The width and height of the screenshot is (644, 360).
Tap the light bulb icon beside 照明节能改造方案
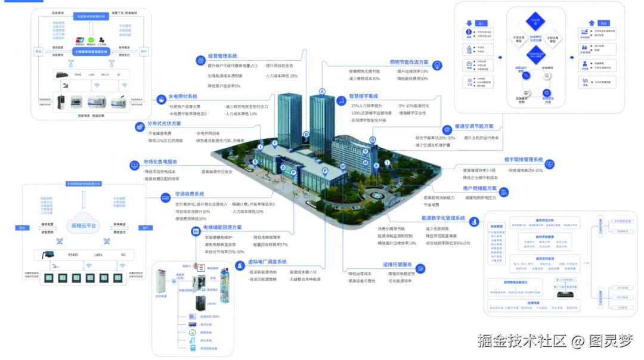tap(439, 64)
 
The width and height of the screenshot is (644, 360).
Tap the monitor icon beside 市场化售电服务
tap(134, 165)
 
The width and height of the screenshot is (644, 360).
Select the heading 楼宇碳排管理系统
tap(523, 160)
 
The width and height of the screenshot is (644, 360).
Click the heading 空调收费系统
tap(190, 194)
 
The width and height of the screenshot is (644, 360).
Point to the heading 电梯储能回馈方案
tap(222, 228)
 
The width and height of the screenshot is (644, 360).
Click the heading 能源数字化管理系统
tap(443, 219)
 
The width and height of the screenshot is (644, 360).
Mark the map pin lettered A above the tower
tap(323, 91)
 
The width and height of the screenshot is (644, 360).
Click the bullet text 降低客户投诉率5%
tap(224, 86)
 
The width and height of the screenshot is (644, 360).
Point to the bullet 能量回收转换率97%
tap(270, 245)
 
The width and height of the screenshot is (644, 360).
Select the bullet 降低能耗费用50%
tap(412, 79)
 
